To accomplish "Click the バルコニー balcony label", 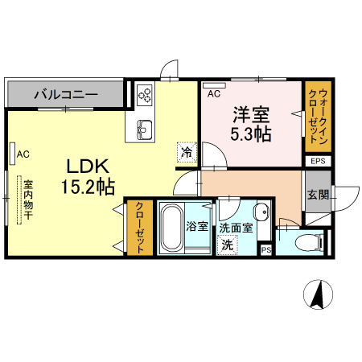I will pos(66,95).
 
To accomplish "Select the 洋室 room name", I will pos(249,113).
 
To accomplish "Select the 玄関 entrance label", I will pos(317,194).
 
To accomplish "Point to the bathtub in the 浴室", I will pos(171,228).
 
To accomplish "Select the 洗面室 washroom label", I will pos(236,228).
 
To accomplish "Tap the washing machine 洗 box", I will pos(228,245).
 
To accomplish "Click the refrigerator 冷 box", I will pos(187,151).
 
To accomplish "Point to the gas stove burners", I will pos(145,96).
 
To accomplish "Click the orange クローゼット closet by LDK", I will pos(139,227).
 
